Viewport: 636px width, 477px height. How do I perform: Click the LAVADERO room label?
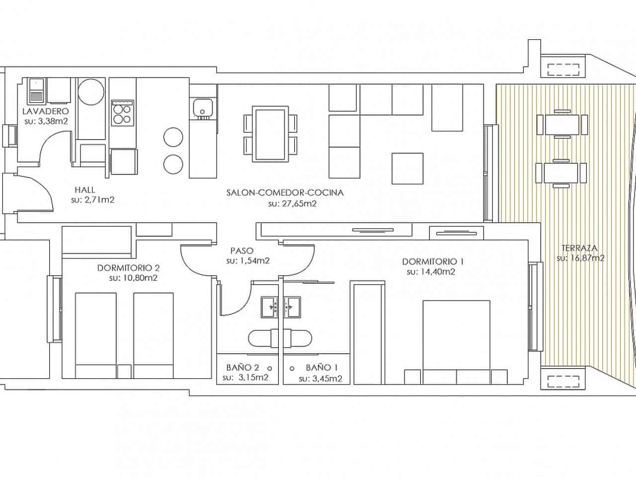tap(45, 111)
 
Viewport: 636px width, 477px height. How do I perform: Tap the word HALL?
tap(84, 189)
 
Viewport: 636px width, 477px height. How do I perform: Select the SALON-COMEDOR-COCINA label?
tap(284, 192)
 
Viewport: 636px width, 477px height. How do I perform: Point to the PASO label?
tap(242, 251)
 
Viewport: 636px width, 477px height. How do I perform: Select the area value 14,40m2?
tap(431, 272)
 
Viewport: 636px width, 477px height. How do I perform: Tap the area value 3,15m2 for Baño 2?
tap(245, 378)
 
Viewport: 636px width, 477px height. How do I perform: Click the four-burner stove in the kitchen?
tap(122, 112)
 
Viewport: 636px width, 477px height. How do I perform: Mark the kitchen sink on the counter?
tap(203, 106)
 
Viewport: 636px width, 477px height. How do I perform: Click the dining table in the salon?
tap(270, 134)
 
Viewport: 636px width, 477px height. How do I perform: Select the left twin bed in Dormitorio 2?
tap(95, 335)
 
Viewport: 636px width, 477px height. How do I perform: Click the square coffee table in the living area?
tap(407, 168)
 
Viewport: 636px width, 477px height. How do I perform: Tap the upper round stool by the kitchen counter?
tap(173, 137)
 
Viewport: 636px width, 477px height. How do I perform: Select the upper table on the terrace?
tap(561, 124)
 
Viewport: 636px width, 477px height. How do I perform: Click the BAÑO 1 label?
tap(321, 368)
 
